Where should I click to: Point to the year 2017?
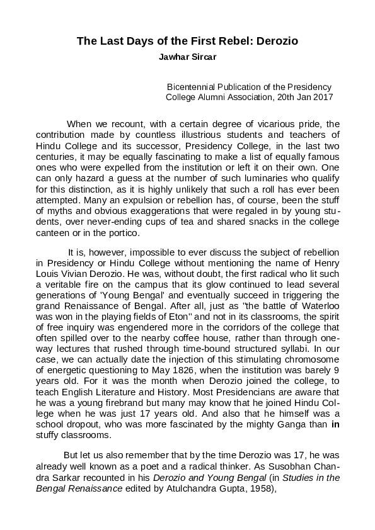tap(322, 98)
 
